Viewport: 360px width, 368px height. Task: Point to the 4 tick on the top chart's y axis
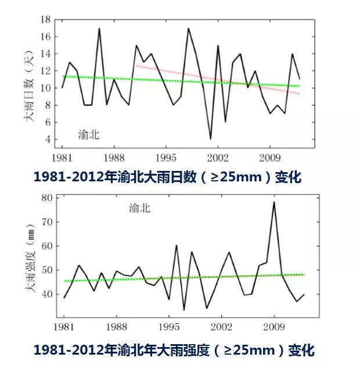(x=45, y=140)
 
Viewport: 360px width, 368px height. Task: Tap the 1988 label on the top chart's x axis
(x=117, y=158)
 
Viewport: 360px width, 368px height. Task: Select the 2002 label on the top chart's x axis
(x=217, y=158)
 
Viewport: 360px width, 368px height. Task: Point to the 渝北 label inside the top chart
(x=89, y=135)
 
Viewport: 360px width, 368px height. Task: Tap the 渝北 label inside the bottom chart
(x=139, y=208)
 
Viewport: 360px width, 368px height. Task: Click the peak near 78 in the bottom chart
(x=274, y=202)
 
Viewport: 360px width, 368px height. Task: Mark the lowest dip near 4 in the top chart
(x=210, y=138)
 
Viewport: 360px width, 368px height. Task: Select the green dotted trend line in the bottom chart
(x=174, y=277)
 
